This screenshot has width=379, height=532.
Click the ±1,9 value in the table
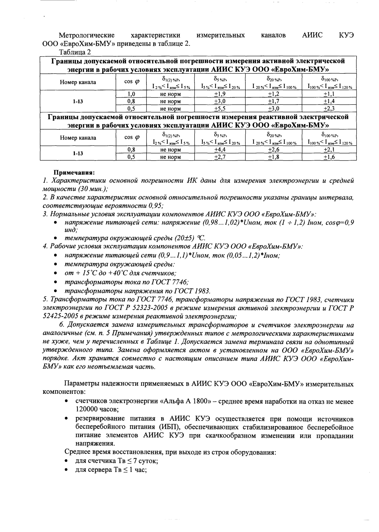click(x=220, y=94)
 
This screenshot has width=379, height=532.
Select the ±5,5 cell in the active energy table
click(x=220, y=108)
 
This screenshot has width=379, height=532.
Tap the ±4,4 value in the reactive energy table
click(x=220, y=149)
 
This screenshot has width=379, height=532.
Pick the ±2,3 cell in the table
click(x=329, y=108)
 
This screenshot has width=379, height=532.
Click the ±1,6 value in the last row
click(x=329, y=157)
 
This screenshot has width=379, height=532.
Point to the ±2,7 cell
click(x=220, y=157)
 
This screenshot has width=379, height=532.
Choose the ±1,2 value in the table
click(x=274, y=94)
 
